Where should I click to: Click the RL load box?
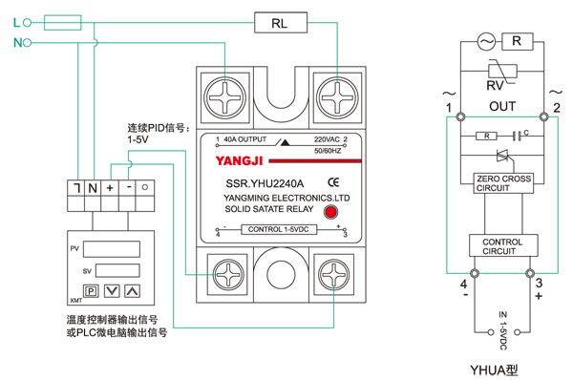281,23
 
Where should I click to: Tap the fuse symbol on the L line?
62,23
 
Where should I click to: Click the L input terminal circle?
27,23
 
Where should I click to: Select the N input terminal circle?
27,43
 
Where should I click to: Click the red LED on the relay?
330,212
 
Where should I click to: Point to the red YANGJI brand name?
240,160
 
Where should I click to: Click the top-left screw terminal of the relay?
224,98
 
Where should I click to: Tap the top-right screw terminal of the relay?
337,98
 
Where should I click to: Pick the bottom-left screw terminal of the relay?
227,274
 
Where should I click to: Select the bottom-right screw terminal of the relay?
333,274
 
